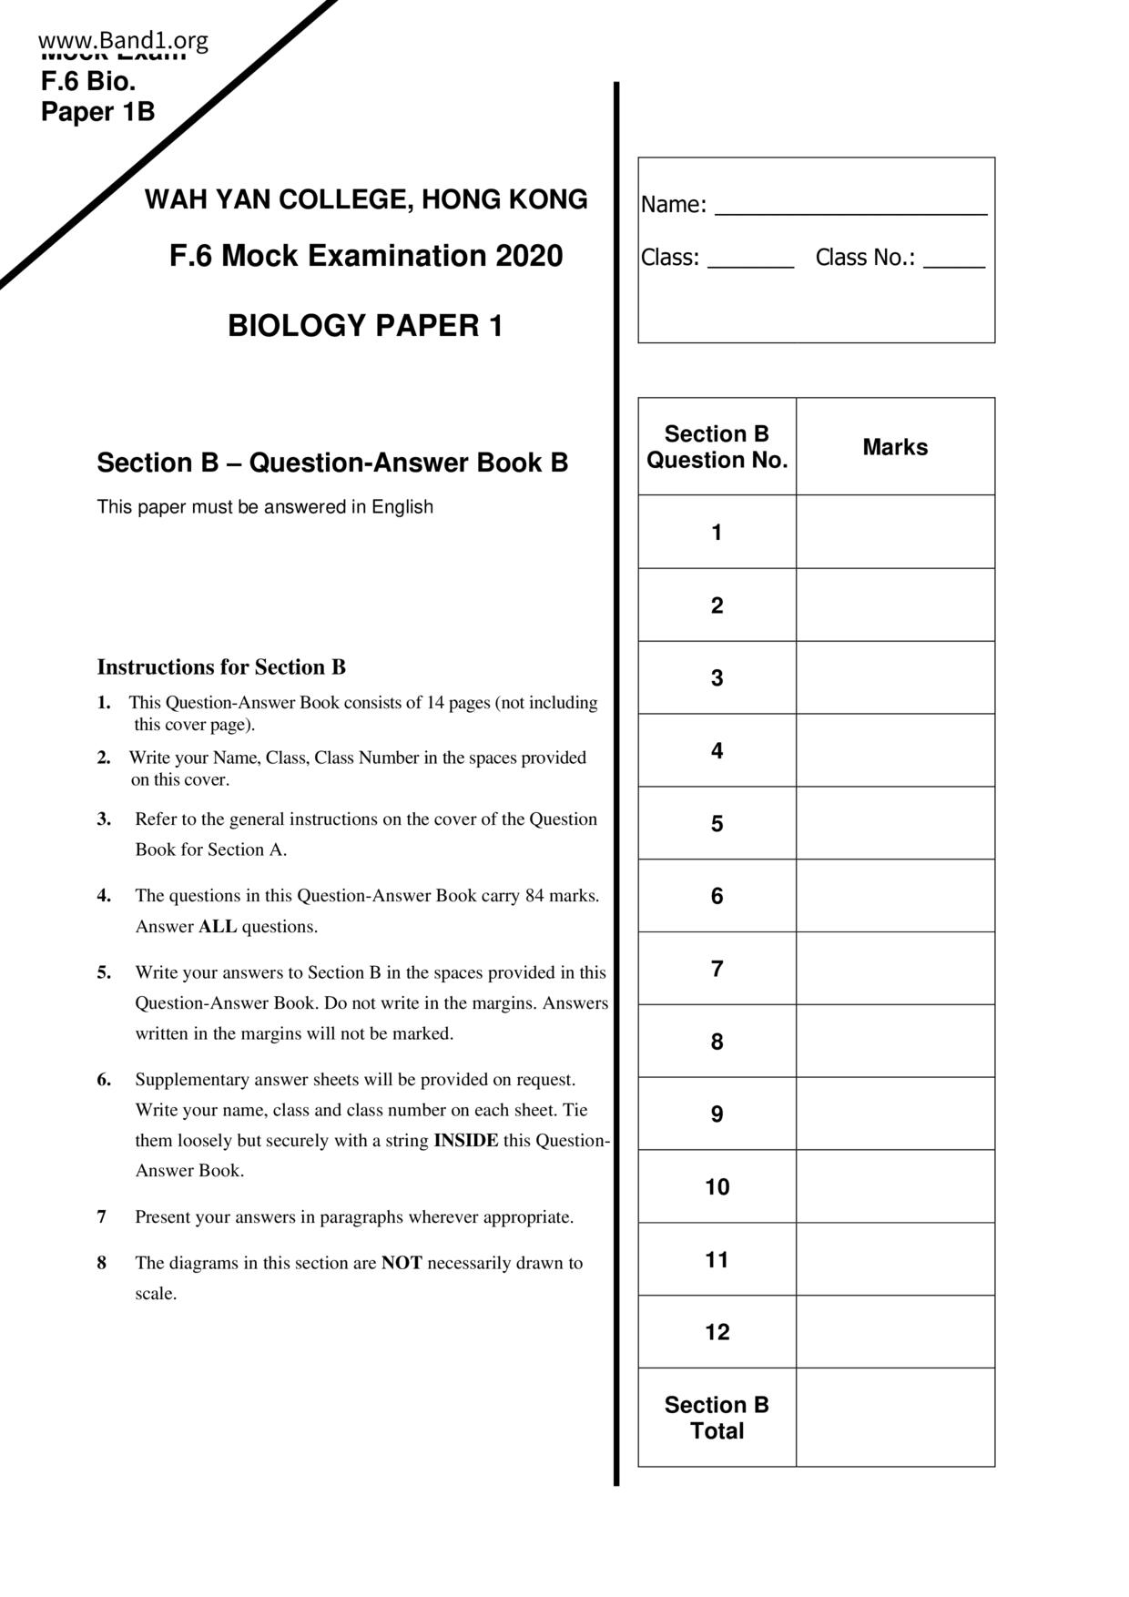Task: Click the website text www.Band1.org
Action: coord(124,40)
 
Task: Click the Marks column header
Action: coord(895,447)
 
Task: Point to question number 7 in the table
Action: coord(717,969)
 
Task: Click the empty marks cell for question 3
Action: coord(895,677)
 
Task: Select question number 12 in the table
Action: coord(717,1332)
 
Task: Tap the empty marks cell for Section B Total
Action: coord(895,1418)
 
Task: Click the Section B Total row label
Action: coord(717,1418)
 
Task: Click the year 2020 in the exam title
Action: coord(529,256)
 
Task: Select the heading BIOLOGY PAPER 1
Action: coord(365,326)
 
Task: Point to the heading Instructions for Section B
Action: coord(221,667)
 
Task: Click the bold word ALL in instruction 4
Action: coord(218,927)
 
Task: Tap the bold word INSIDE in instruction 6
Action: coord(465,1141)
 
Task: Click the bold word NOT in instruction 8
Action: coord(402,1263)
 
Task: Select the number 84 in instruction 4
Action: coord(534,896)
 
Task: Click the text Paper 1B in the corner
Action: coord(98,112)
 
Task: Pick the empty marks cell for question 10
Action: coord(895,1186)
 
